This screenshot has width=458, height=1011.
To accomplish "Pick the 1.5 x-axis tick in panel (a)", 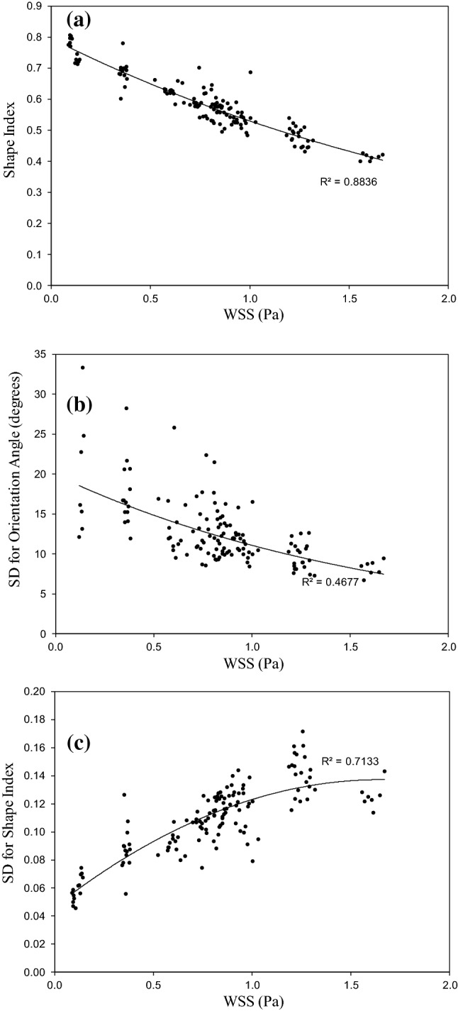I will pyautogui.click(x=349, y=299).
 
